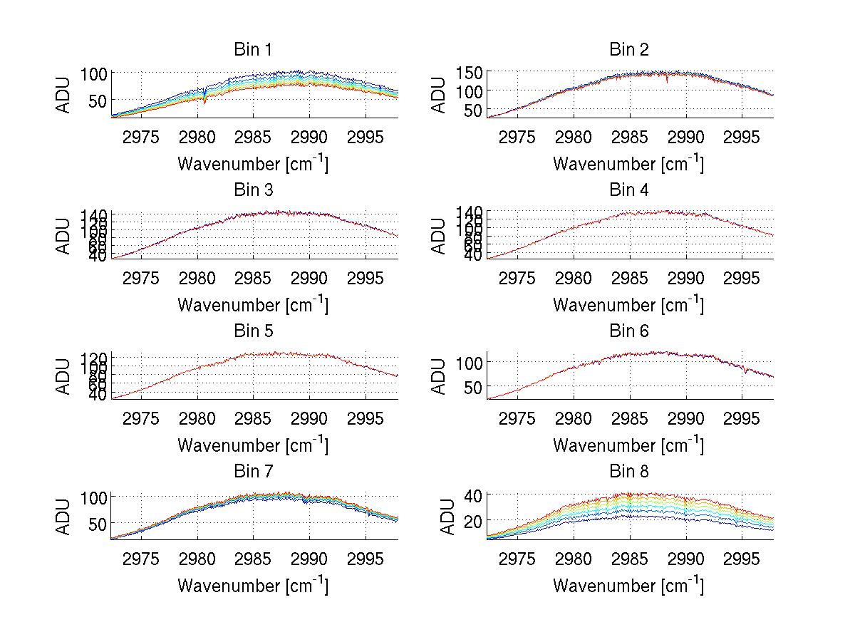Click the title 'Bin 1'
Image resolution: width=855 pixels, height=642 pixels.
tap(252, 50)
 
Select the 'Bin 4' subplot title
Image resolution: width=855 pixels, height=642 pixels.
tap(628, 190)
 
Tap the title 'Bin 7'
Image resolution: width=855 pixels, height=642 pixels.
tap(252, 472)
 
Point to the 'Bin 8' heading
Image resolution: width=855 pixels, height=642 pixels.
tap(628, 472)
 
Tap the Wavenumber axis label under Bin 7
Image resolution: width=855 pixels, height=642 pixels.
tap(252, 585)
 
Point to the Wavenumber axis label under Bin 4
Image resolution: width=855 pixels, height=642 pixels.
tap(628, 304)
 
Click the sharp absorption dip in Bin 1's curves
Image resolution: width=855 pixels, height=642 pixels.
tap(205, 99)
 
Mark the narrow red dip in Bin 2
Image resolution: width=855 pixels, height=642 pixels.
tap(667, 80)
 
